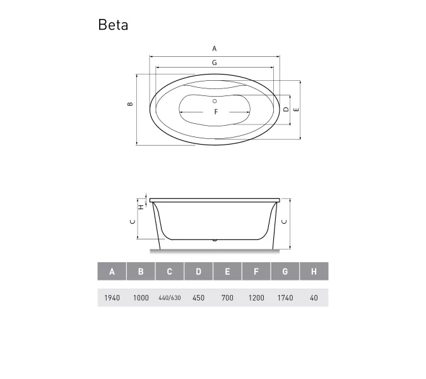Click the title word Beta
click(113, 25)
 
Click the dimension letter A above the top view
click(215, 48)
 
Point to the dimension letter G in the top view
click(215, 63)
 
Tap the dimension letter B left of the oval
click(129, 104)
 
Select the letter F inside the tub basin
click(215, 112)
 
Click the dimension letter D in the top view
click(286, 109)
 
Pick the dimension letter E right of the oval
click(296, 109)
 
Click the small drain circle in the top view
click(215, 101)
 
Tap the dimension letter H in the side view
click(141, 205)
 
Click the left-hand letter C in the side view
click(132, 221)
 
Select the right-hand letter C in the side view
click(284, 222)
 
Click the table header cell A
click(112, 272)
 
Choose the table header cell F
click(256, 272)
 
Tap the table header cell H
click(314, 272)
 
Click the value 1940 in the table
click(112, 298)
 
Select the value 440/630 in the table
click(170, 298)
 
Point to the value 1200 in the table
click(256, 298)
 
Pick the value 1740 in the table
click(285, 298)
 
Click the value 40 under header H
click(314, 298)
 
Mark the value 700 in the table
click(227, 298)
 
